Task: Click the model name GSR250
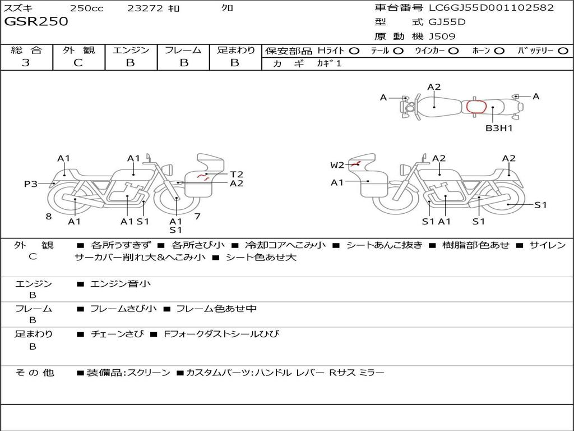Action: pyautogui.click(x=36, y=21)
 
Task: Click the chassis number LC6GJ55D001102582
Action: pyautogui.click(x=491, y=7)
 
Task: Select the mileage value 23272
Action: pyautogui.click(x=145, y=8)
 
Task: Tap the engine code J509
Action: pyautogui.click(x=442, y=36)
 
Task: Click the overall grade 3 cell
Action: pyautogui.click(x=26, y=63)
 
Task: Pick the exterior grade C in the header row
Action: pyautogui.click(x=78, y=63)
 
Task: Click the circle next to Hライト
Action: pyautogui.click(x=354, y=51)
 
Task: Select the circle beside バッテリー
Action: pyautogui.click(x=563, y=51)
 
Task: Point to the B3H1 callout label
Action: pyautogui.click(x=498, y=129)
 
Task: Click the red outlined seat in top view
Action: pyautogui.click(x=476, y=107)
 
